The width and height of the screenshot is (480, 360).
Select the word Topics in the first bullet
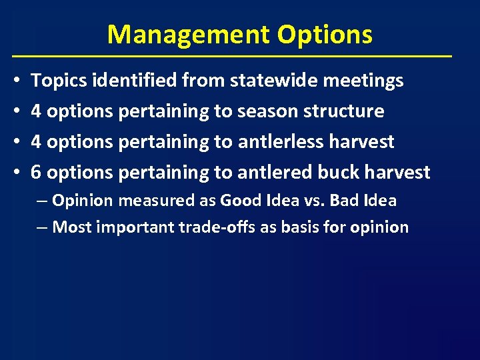[x=60, y=81]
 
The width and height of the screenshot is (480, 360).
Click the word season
[x=265, y=111]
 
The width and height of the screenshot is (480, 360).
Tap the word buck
[x=337, y=173]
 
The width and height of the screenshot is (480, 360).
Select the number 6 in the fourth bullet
[x=37, y=173]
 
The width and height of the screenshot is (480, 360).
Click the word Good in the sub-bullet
[x=238, y=201]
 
